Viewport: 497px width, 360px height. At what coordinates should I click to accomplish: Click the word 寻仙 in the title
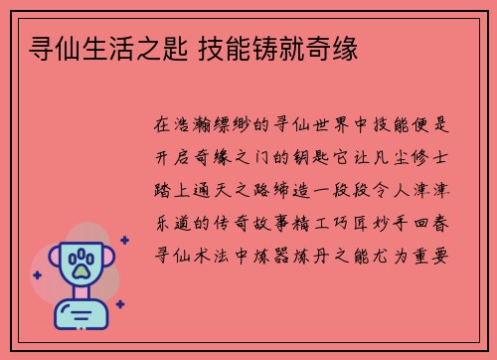(x=54, y=48)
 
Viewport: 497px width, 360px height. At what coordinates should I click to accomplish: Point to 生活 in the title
(x=103, y=48)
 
